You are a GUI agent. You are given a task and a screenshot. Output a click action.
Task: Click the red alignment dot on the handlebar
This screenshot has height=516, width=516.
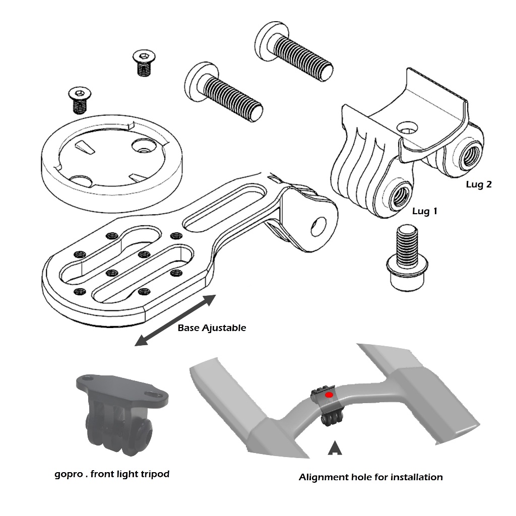329,395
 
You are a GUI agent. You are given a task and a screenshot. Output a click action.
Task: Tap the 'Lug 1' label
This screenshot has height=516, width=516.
424,211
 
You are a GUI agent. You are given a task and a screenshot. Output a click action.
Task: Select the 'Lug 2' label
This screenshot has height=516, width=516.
478,184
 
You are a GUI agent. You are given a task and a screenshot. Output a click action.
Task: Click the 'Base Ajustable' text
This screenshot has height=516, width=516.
212,328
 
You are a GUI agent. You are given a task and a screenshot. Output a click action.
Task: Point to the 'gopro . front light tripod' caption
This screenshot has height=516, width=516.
111,474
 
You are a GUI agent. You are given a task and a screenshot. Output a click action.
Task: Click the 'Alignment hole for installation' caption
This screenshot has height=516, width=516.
370,477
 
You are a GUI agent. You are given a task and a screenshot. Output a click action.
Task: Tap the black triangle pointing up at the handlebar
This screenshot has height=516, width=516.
334,448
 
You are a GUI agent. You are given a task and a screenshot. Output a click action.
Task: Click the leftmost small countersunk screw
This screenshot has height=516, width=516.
78,99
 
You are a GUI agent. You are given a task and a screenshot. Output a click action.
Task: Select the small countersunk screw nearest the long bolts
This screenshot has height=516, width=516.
144,62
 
